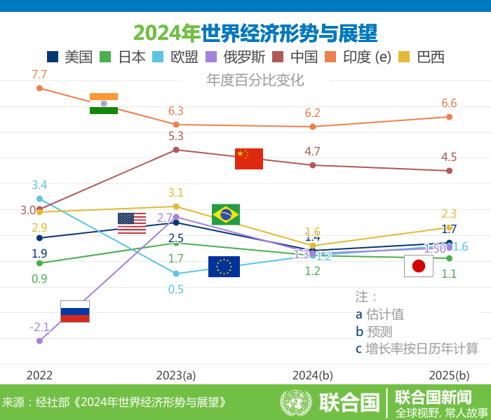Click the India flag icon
(x=104, y=104)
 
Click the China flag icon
(x=249, y=159)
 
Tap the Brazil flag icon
(x=226, y=214)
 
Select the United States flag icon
(x=132, y=223)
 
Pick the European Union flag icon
(x=224, y=267)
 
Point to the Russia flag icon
(x=75, y=311)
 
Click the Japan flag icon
(x=419, y=266)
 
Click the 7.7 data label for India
(x=39, y=74)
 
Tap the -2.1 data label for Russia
(x=39, y=327)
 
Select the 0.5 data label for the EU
(x=176, y=289)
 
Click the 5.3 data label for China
(x=176, y=136)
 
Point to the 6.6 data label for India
(x=449, y=104)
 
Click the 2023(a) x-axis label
(x=176, y=375)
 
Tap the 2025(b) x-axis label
(x=449, y=375)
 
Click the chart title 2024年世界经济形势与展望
(x=255, y=33)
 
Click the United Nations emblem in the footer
(x=296, y=402)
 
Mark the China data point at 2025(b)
(x=450, y=171)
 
